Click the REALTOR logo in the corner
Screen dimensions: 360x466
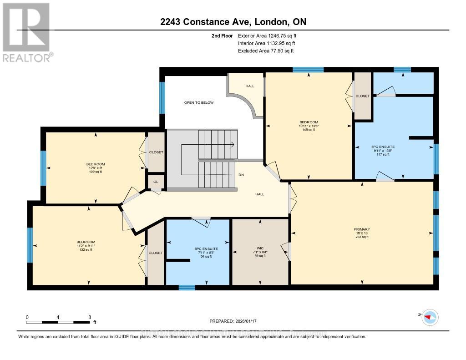[26, 32]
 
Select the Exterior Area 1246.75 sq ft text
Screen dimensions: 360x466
[267, 35]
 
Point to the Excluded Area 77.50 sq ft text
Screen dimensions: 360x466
[266, 51]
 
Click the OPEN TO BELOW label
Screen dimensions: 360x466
[198, 102]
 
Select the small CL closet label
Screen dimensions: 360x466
[156, 182]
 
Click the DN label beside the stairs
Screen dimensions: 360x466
[241, 175]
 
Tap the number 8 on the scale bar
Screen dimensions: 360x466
[90, 317]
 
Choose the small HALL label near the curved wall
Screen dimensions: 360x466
[250, 86]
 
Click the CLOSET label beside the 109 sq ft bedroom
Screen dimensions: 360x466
[156, 152]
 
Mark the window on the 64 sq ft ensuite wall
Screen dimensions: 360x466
[187, 287]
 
